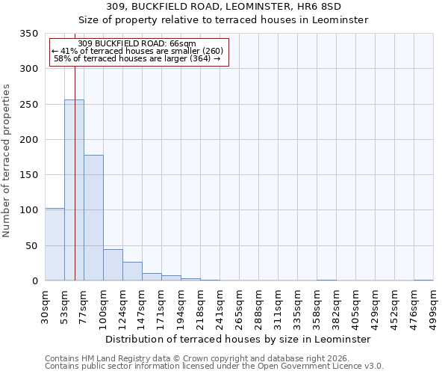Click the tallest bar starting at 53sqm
[x=74, y=190]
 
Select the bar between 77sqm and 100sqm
[x=93, y=218]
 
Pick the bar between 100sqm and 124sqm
[x=113, y=265]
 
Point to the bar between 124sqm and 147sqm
[x=132, y=272]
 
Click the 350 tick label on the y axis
[x=28, y=34]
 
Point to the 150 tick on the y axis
[x=28, y=175]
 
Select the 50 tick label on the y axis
[x=31, y=245]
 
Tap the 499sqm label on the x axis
[x=434, y=307]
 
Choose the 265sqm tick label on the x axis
[x=240, y=307]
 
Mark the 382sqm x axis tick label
[x=337, y=307]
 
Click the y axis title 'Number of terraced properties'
[x=7, y=161]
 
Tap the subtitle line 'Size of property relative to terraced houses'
[x=224, y=20]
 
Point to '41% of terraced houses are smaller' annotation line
[x=137, y=51]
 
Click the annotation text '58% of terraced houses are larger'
[x=137, y=58]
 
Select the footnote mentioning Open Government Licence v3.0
[x=214, y=367]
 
